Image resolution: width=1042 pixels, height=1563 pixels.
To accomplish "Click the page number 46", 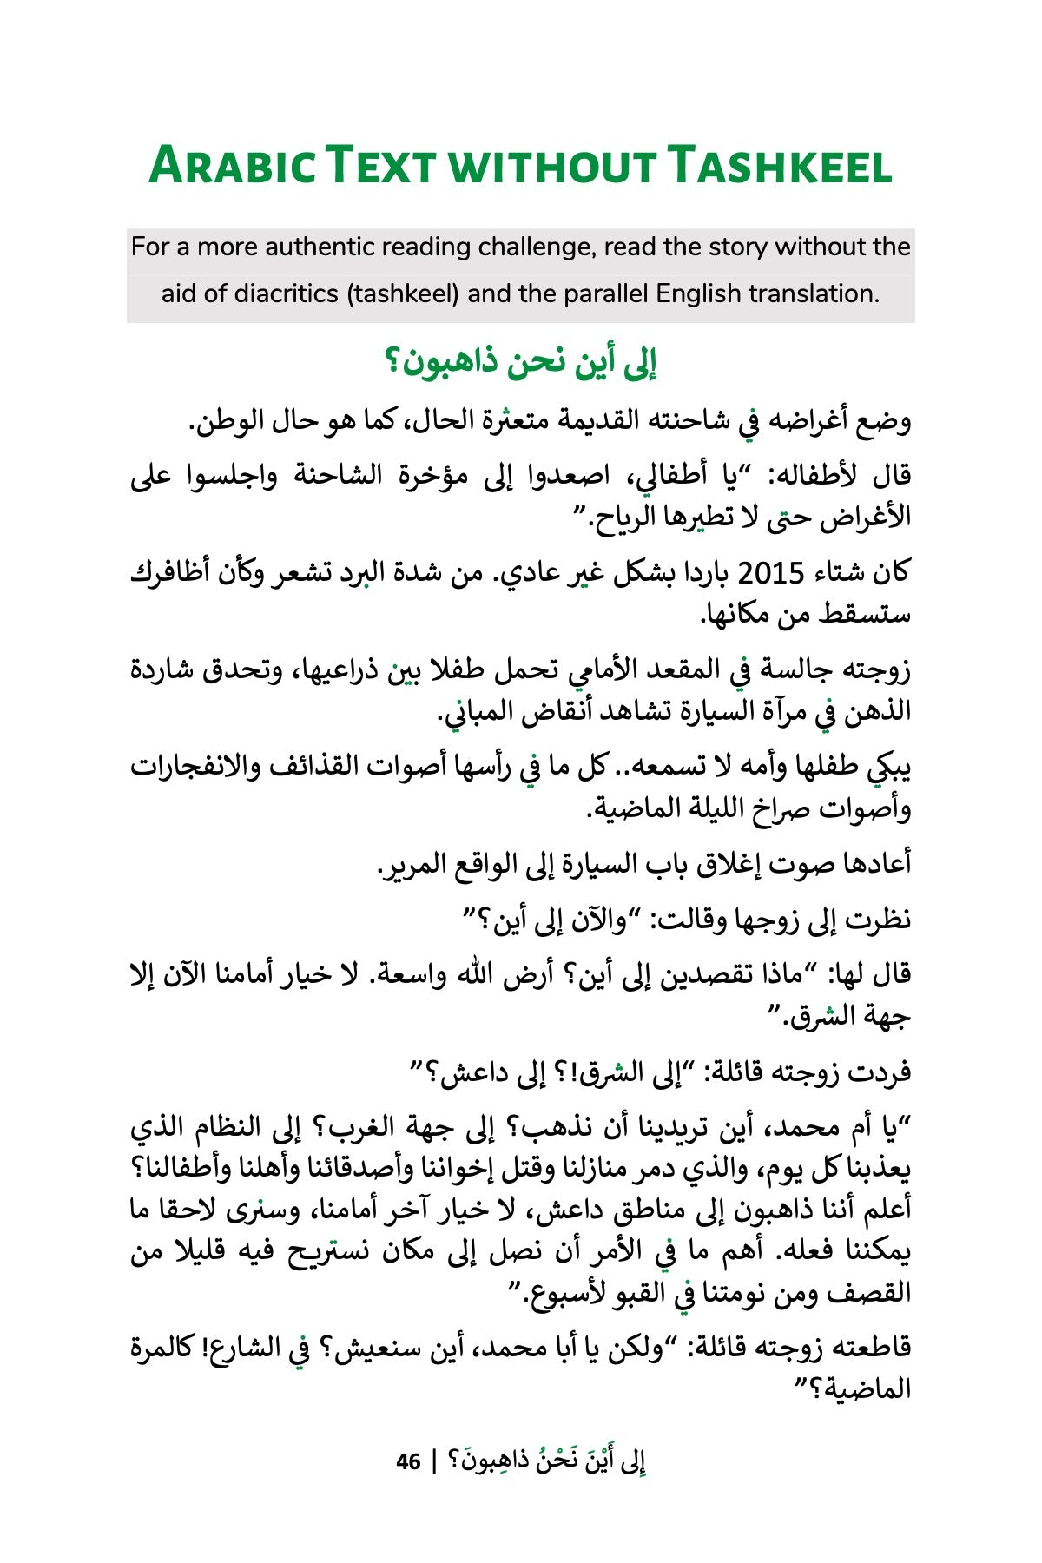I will [408, 1461].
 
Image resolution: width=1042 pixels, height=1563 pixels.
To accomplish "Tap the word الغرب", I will [386, 1128].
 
